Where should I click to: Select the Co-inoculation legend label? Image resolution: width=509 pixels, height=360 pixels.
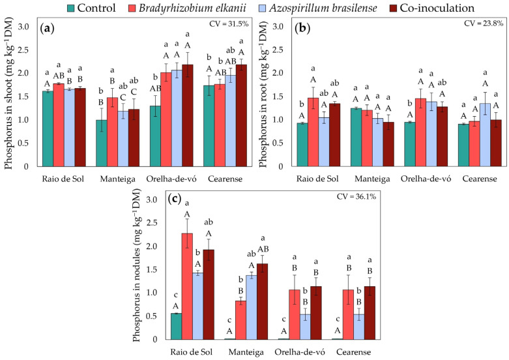tap(437, 8)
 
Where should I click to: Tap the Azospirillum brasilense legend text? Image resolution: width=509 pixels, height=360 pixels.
tap(323, 8)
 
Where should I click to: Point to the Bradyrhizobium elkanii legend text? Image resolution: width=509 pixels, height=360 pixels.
tap(192, 8)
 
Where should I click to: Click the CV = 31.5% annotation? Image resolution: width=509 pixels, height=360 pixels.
tap(229, 23)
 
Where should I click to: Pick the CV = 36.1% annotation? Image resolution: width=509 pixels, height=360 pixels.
tap(356, 196)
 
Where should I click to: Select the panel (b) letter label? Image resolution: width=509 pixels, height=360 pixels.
tap(302, 29)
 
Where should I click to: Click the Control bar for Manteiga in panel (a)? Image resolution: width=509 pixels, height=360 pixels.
tap(101, 143)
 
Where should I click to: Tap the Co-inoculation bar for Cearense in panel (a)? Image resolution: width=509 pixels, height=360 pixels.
tap(241, 115)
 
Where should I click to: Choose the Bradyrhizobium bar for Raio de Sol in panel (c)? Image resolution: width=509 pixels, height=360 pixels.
tap(187, 286)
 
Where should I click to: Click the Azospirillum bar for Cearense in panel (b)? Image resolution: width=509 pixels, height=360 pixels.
tap(485, 135)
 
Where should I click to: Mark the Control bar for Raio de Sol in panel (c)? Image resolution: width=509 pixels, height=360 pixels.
tap(176, 326)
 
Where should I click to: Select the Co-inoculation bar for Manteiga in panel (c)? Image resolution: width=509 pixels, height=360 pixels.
tap(263, 301)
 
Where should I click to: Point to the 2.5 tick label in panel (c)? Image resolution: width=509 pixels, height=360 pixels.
tap(153, 223)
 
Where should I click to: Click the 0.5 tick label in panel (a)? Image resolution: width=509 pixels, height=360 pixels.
tap(23, 143)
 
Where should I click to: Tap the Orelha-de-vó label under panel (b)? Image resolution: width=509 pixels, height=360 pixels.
tap(426, 179)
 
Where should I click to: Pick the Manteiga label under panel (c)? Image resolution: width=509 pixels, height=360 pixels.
tap(246, 352)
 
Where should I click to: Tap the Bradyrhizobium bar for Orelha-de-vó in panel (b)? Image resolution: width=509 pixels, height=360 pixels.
tap(420, 132)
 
